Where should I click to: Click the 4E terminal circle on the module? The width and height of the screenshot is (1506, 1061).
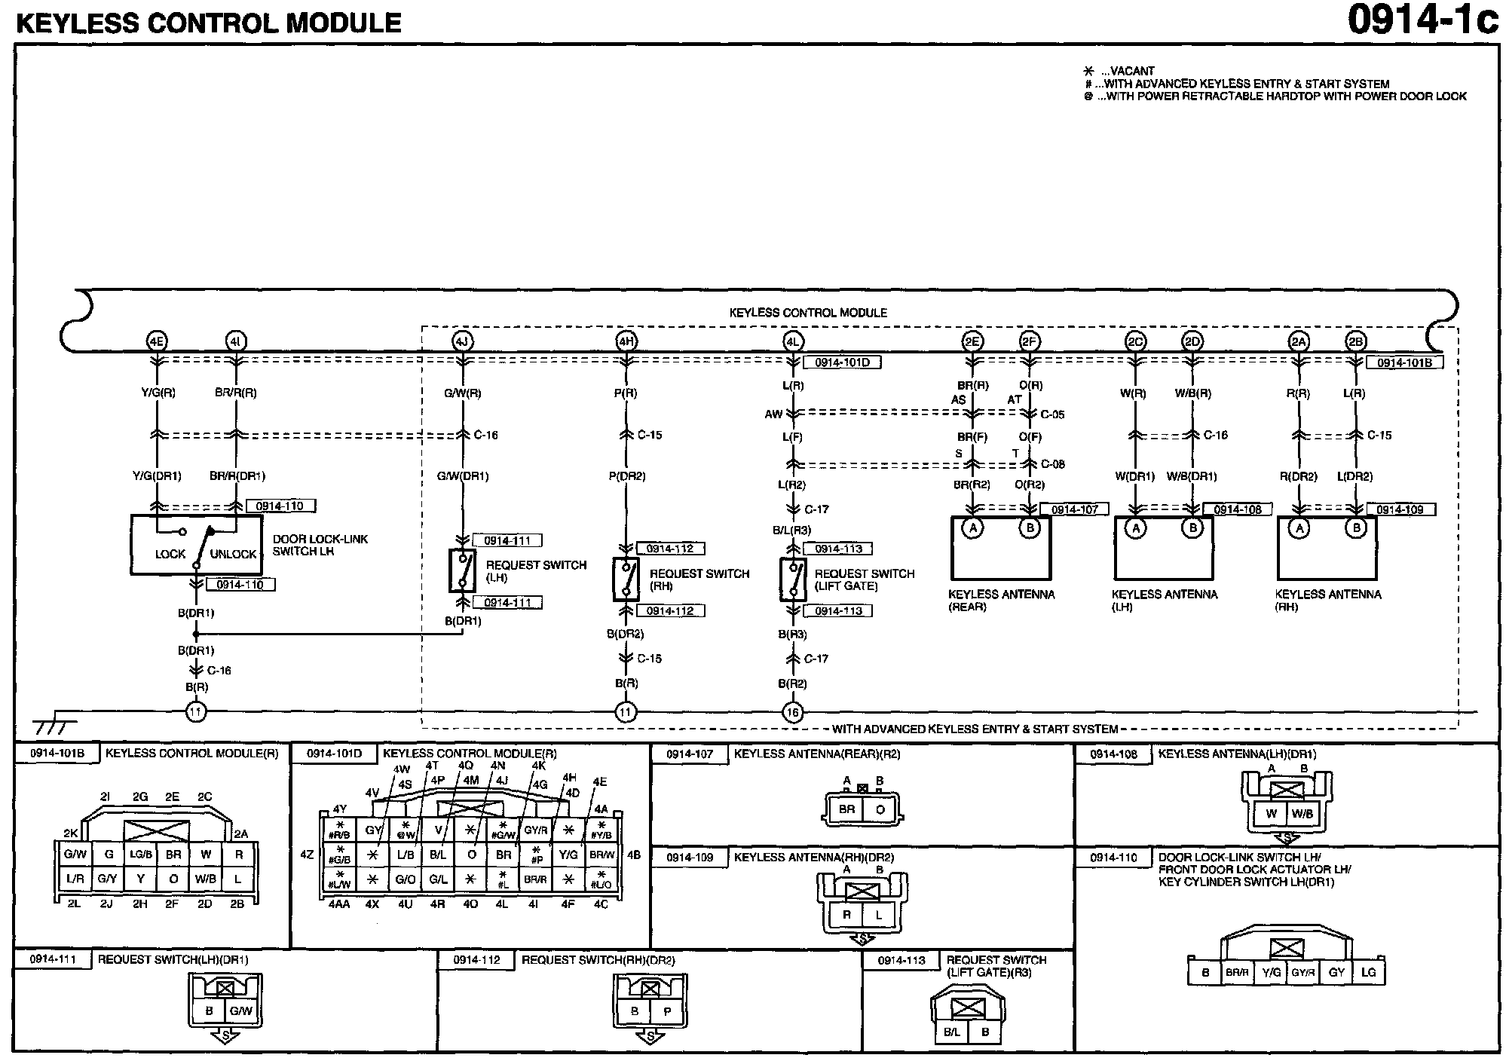pyautogui.click(x=156, y=341)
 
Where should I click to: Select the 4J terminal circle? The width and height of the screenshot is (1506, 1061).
pyautogui.click(x=462, y=341)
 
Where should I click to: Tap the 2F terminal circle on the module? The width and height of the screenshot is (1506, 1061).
pyautogui.click(x=1030, y=341)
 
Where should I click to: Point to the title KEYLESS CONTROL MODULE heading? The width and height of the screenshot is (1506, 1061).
pyautogui.click(x=209, y=23)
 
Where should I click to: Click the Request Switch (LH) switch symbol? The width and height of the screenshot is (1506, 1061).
pyautogui.click(x=463, y=570)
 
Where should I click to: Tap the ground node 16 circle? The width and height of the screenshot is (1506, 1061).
pyautogui.click(x=793, y=712)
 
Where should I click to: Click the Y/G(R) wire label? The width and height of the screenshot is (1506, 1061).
pyautogui.click(x=157, y=393)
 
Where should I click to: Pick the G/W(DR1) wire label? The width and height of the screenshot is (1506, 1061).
pyautogui.click(x=463, y=476)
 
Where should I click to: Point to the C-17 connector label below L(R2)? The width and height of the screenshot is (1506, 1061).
pyautogui.click(x=816, y=509)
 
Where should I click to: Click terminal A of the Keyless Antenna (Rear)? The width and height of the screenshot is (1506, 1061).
pyautogui.click(x=973, y=528)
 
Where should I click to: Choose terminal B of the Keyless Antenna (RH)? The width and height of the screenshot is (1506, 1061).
pyautogui.click(x=1356, y=528)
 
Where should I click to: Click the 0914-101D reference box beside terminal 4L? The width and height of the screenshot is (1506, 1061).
pyautogui.click(x=842, y=362)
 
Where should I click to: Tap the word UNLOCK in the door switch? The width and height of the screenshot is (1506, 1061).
pyautogui.click(x=233, y=554)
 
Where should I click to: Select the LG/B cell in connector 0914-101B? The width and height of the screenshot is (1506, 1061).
pyautogui.click(x=141, y=855)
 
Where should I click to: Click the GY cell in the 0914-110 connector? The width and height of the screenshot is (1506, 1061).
pyautogui.click(x=1336, y=972)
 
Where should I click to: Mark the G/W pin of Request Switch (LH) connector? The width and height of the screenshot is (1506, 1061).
pyautogui.click(x=241, y=1011)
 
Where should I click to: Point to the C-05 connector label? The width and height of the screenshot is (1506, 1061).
pyautogui.click(x=1052, y=414)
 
